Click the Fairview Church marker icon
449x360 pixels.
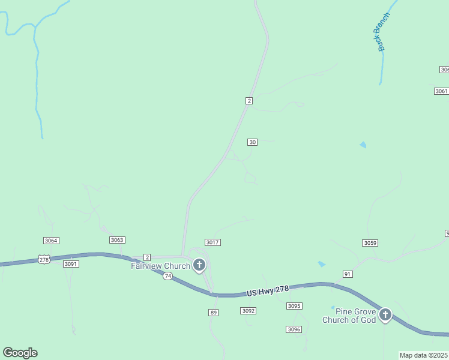(x=199, y=265)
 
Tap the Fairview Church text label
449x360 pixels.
(x=160, y=266)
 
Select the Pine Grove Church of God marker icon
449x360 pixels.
(x=385, y=314)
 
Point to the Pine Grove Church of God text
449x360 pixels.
(x=349, y=316)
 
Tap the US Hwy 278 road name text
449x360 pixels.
(x=268, y=290)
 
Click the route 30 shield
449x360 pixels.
(x=252, y=142)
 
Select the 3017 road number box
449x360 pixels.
(x=212, y=242)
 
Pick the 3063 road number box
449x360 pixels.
(x=117, y=240)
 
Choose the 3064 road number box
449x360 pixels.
(x=51, y=241)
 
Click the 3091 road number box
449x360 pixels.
(x=71, y=264)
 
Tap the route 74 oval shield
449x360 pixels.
(x=167, y=276)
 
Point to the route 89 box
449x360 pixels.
(x=213, y=313)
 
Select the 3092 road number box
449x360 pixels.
(x=248, y=311)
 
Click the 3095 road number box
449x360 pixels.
(x=294, y=306)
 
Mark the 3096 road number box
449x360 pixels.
(x=294, y=329)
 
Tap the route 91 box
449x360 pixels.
(x=348, y=274)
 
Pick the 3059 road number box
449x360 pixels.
(x=370, y=243)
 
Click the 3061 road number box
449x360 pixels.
(x=441, y=91)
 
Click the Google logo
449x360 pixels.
(x=20, y=353)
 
